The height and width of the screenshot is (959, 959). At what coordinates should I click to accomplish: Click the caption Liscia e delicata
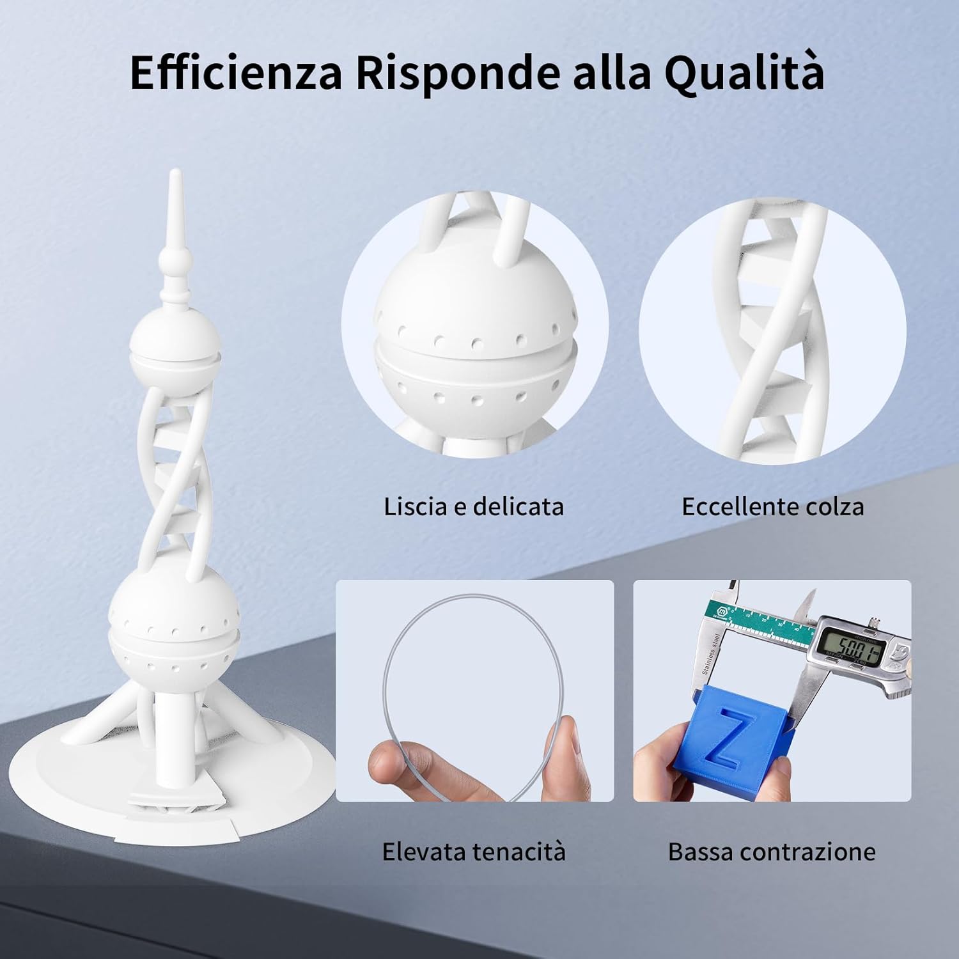click(474, 506)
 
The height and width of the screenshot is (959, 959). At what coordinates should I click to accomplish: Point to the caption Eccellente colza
click(772, 506)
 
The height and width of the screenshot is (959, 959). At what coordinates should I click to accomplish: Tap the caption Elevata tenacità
click(474, 852)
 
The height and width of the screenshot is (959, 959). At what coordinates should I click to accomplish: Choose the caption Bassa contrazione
click(772, 852)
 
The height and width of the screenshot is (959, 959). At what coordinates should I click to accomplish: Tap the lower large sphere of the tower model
click(173, 623)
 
